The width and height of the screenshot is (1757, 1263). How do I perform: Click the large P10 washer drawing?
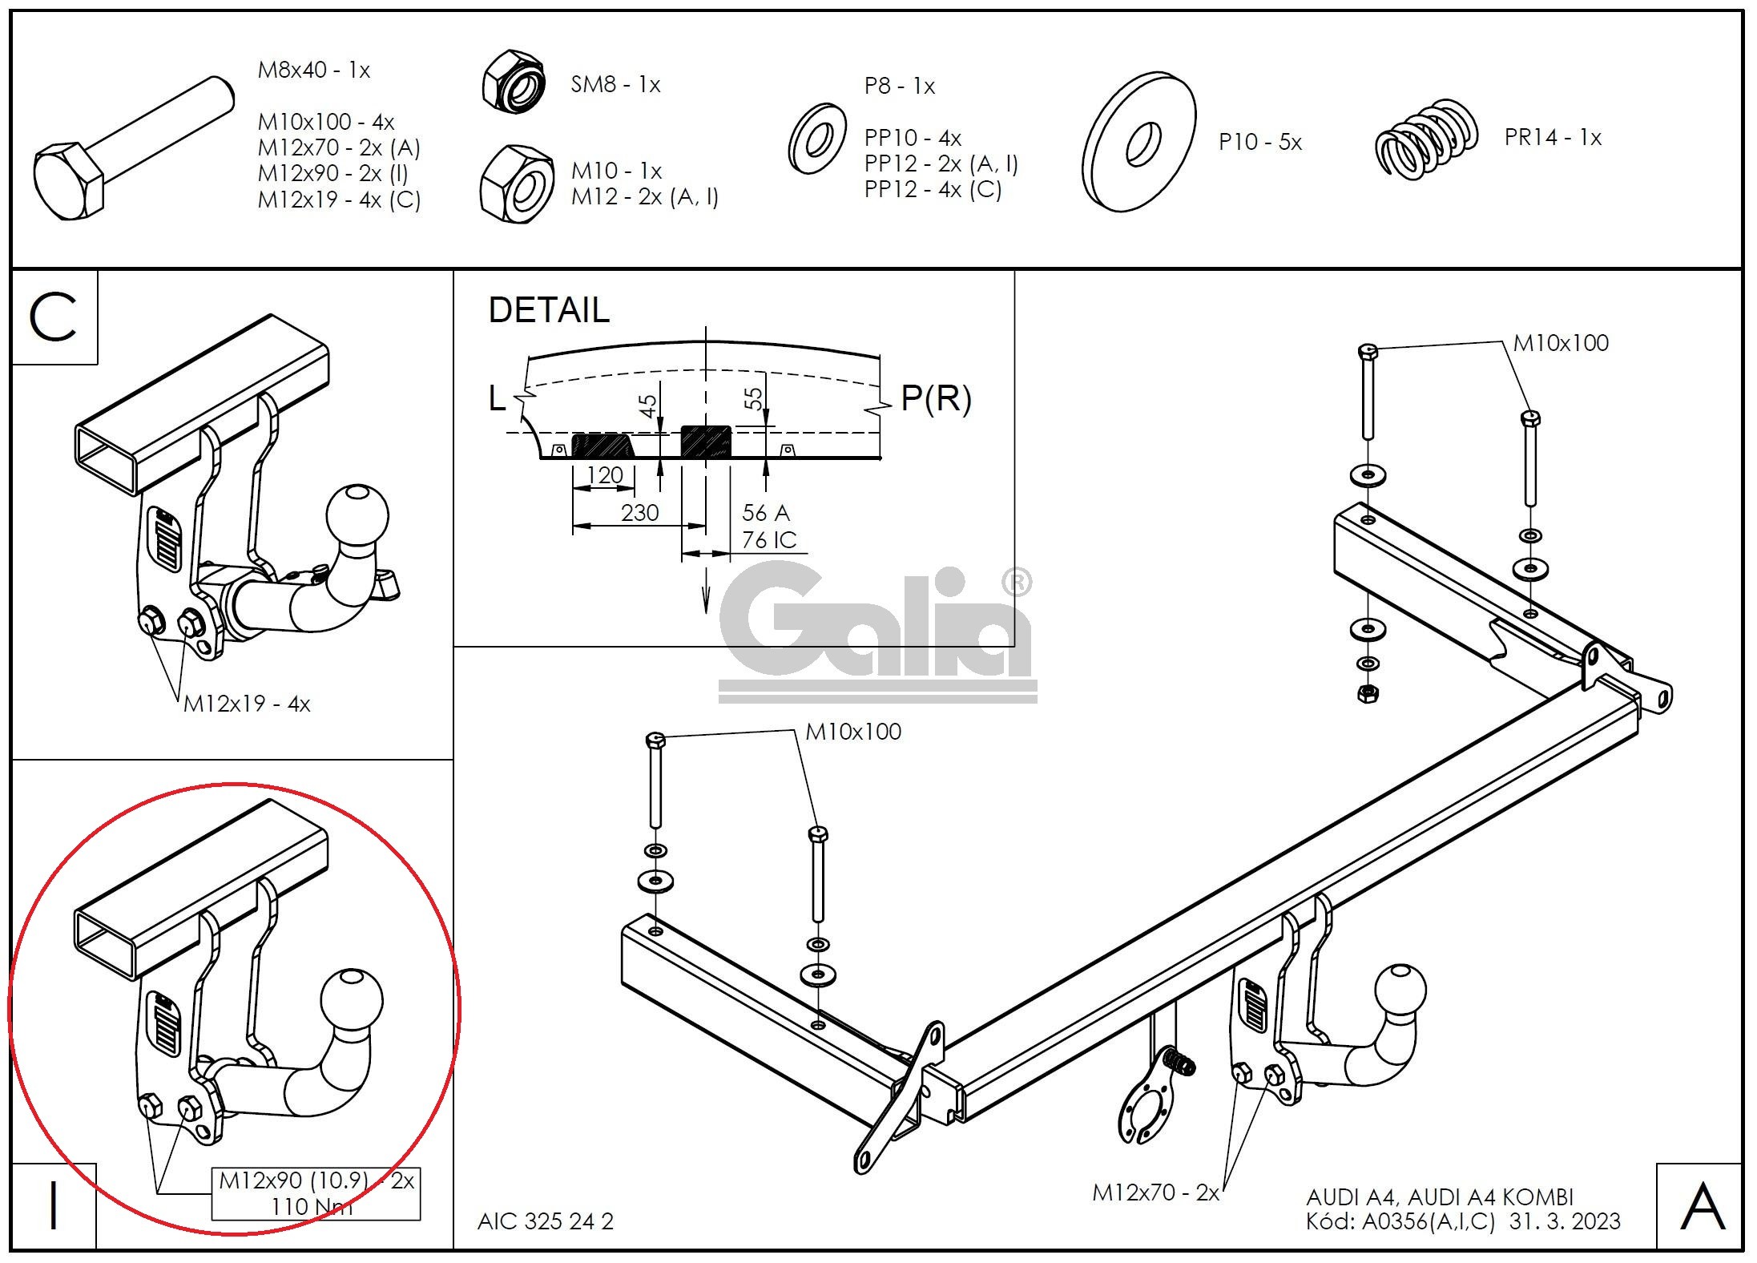pyautogui.click(x=1138, y=142)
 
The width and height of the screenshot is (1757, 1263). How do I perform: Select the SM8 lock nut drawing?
pyautogui.click(x=514, y=83)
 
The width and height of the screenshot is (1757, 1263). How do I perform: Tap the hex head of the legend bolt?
pyautogui.click(x=69, y=182)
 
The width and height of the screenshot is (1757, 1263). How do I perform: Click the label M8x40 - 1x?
pyautogui.click(x=314, y=71)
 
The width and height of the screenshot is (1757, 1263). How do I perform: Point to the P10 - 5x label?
pyautogui.click(x=1260, y=143)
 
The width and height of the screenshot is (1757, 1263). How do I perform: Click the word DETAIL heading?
pyautogui.click(x=549, y=310)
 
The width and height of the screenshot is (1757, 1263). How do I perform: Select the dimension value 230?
pyautogui.click(x=639, y=512)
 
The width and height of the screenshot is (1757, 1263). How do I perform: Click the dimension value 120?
pyautogui.click(x=605, y=475)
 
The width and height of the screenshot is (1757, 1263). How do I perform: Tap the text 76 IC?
pyautogui.click(x=769, y=540)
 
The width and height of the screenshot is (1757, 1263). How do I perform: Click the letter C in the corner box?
pyautogui.click(x=53, y=317)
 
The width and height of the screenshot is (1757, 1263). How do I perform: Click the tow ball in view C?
pyautogui.click(x=357, y=515)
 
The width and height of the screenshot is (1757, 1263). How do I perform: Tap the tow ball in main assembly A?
pyautogui.click(x=1400, y=995)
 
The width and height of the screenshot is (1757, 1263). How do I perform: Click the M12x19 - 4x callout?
pyautogui.click(x=247, y=704)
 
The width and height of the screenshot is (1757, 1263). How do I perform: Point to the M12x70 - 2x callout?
pyautogui.click(x=1155, y=1192)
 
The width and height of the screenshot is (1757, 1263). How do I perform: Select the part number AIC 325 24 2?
pyautogui.click(x=546, y=1221)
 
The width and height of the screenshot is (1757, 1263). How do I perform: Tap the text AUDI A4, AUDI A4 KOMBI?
pyautogui.click(x=1440, y=1197)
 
